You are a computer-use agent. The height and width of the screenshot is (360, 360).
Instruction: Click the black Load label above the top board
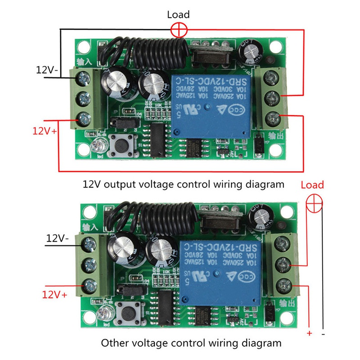[x=179, y=15]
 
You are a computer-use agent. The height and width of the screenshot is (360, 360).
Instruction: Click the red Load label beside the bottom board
[x=312, y=185]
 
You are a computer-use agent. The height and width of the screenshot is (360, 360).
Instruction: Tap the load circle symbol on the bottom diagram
[x=314, y=203]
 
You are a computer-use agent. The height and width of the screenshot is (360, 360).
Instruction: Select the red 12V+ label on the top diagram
[x=44, y=132]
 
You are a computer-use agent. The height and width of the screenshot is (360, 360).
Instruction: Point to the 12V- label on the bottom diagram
[x=56, y=238]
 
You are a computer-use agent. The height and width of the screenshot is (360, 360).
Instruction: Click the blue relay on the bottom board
[x=220, y=271]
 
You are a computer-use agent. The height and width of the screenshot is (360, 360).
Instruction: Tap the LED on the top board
[x=96, y=146]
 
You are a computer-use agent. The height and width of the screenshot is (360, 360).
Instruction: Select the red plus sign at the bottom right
[x=309, y=333]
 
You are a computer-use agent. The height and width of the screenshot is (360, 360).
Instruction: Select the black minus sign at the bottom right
[x=324, y=334]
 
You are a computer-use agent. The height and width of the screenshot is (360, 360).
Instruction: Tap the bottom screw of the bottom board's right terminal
[x=285, y=285]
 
